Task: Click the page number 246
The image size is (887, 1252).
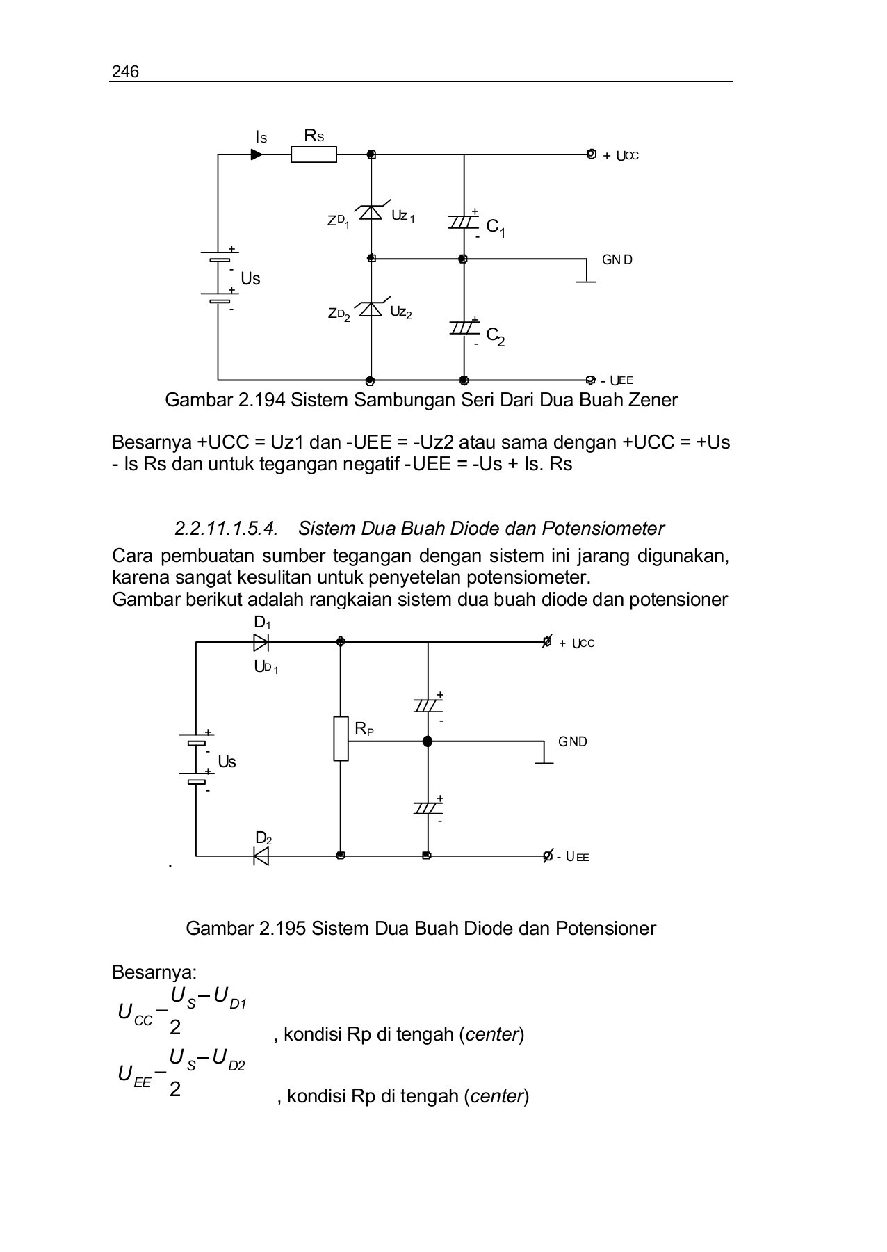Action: [125, 72]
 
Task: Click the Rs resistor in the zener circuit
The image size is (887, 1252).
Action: [314, 154]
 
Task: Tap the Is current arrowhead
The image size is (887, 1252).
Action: [257, 154]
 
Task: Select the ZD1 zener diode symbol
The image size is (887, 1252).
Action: [371, 212]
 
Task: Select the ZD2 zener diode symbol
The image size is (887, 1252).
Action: [371, 309]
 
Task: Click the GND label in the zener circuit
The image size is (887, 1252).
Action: [617, 260]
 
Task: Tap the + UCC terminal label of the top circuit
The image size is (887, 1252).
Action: [621, 156]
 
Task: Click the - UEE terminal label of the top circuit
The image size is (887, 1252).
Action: [617, 380]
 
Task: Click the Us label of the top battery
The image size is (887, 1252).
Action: [250, 279]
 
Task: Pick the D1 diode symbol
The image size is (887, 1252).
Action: [261, 642]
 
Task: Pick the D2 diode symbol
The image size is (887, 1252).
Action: [261, 856]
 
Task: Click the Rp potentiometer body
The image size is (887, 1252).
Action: [341, 739]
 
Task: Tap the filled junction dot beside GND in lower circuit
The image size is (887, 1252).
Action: [428, 741]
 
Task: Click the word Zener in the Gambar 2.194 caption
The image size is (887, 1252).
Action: [651, 400]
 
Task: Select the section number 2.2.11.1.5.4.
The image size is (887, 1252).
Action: [227, 529]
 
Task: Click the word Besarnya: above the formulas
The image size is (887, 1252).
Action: [154, 972]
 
